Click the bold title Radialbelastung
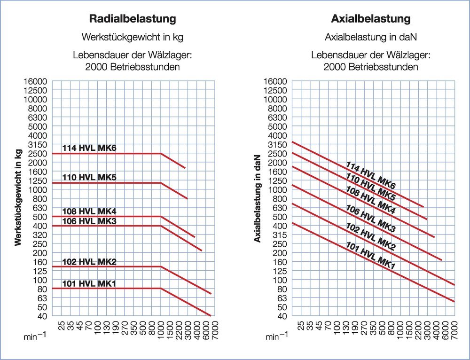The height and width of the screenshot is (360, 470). point(133,19)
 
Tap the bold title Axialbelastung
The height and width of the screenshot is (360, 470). point(371,19)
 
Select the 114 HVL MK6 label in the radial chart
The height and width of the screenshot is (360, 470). point(89,149)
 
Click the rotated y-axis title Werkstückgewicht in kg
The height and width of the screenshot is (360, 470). point(18,197)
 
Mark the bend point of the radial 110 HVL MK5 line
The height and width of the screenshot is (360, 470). point(161,183)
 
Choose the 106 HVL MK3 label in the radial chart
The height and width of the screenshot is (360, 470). point(89,221)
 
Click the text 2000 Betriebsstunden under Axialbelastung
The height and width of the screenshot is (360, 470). point(371,67)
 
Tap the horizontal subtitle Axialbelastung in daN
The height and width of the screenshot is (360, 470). point(371,37)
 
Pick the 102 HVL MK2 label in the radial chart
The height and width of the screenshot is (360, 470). point(89,262)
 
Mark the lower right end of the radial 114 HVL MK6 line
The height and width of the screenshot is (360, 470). point(186,168)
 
